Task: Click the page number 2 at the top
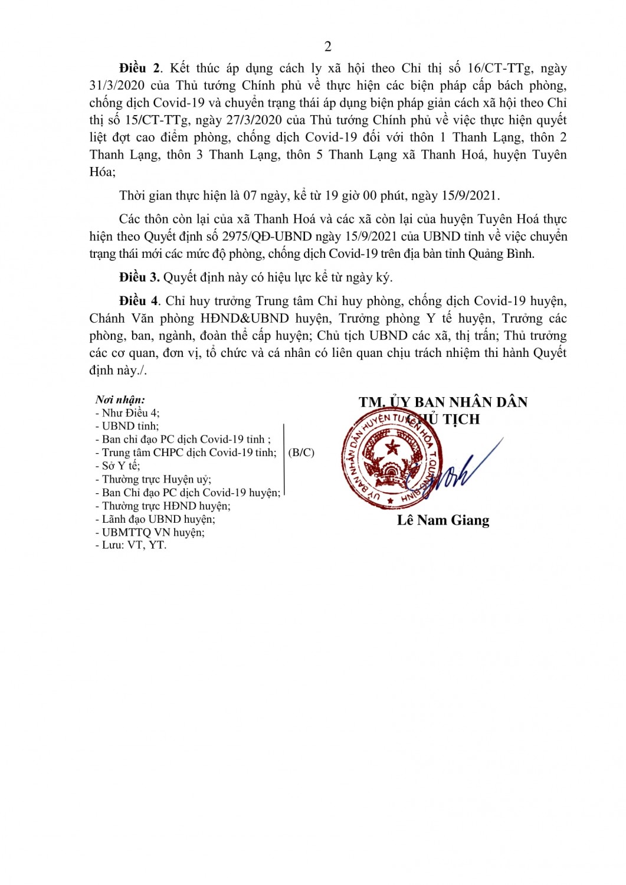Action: pos(328,47)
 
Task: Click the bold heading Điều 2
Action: pos(139,68)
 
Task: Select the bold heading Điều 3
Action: pos(139,277)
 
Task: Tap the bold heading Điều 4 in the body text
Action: pos(139,301)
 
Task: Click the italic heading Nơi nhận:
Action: pos(120,400)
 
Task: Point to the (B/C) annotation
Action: pos(301,453)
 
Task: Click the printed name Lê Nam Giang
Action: pos(443,520)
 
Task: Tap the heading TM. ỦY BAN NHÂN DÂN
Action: pos(443,402)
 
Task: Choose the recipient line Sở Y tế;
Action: pos(118,466)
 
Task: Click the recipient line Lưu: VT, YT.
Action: pos(131,545)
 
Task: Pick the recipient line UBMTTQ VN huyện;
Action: pos(150,532)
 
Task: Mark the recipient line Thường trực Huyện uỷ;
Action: pos(153,479)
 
